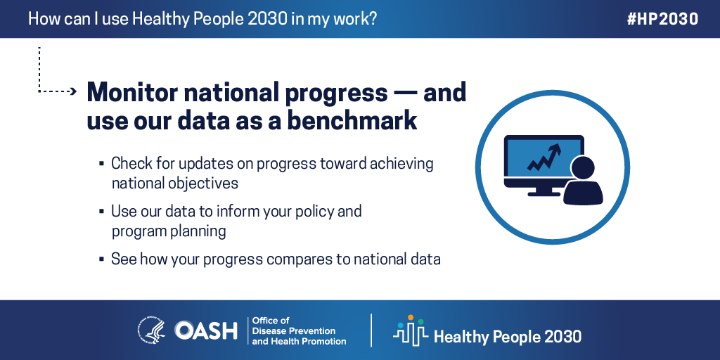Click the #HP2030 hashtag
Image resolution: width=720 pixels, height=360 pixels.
662,19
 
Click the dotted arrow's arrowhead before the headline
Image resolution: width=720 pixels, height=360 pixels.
72,91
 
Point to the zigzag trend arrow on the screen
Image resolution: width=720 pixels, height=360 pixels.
545,157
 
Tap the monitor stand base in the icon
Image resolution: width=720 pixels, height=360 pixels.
544,194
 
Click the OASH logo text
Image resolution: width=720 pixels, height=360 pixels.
206,330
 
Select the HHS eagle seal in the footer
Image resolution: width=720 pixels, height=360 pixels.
152,330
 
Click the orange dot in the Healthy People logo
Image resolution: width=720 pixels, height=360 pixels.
410,317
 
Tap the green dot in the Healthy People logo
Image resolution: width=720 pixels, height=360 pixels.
420,322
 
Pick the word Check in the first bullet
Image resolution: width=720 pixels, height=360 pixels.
130,163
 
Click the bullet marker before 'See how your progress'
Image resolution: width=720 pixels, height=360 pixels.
101,260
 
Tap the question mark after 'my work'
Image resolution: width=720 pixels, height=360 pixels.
373,19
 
